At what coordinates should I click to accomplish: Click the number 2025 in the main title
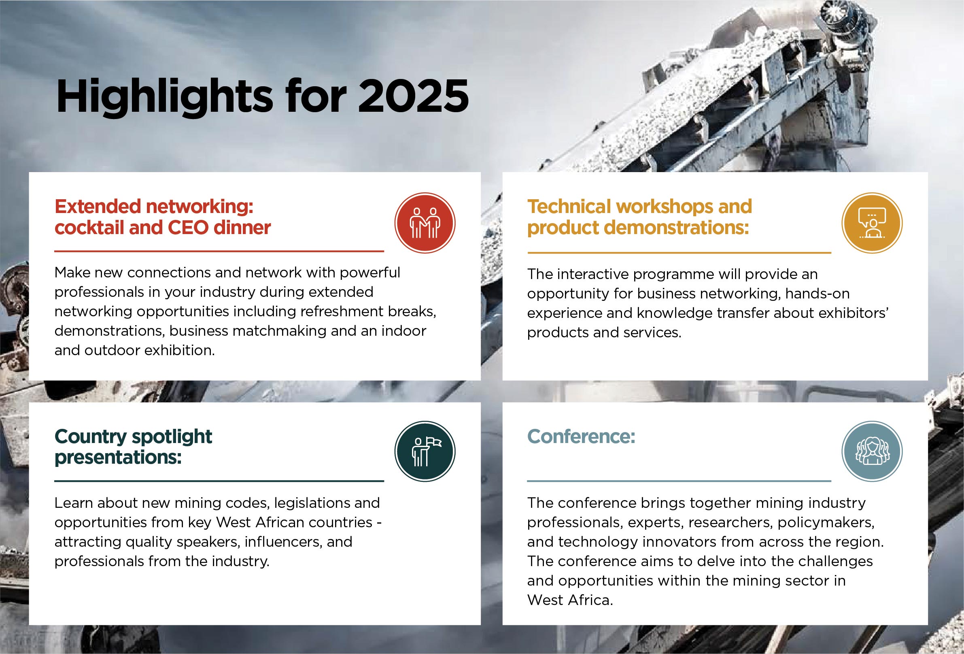coord(413,96)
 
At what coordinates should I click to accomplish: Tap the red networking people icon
coord(425,223)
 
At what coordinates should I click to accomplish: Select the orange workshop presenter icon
coord(872,223)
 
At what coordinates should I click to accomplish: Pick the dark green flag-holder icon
coord(425,452)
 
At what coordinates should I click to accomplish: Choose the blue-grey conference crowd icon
coord(872,452)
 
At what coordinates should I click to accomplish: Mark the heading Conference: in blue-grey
coord(581,437)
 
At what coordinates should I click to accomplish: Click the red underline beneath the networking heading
coord(219,251)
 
